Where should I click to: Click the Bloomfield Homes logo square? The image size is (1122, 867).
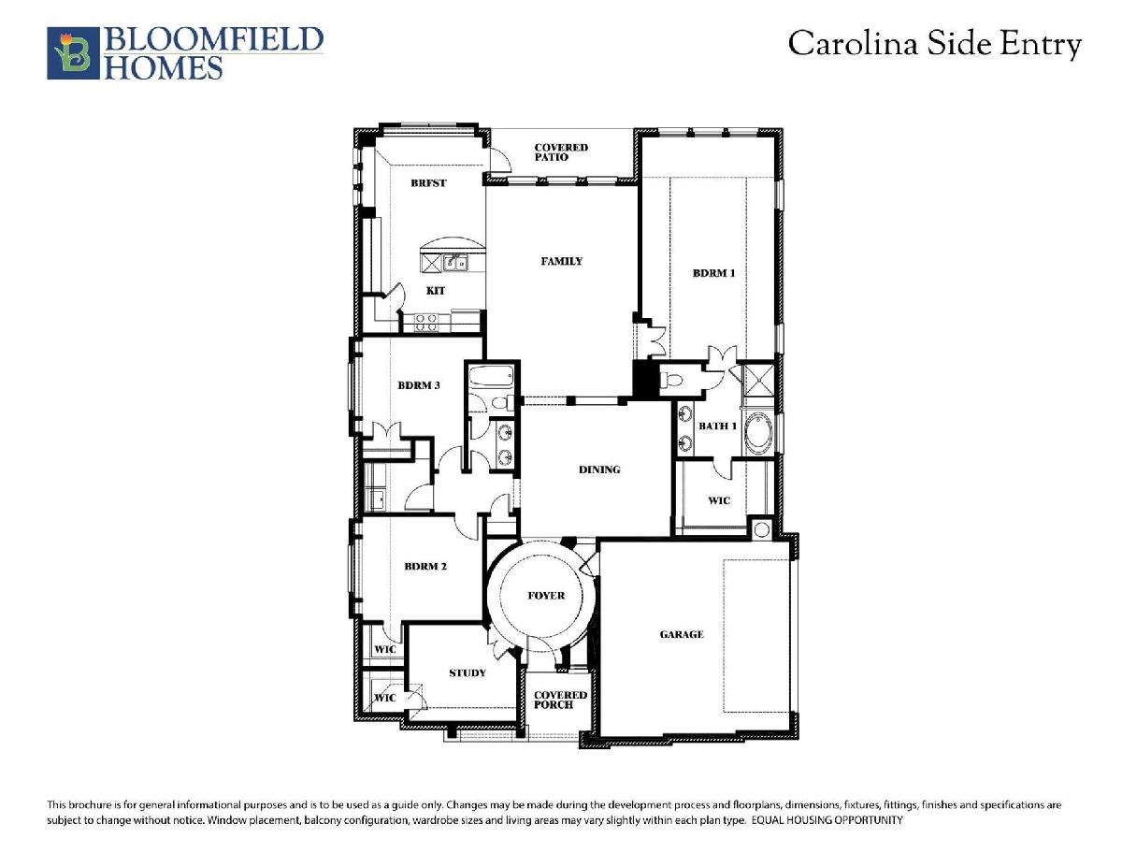coord(73,53)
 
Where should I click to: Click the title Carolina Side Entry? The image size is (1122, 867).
coord(935,44)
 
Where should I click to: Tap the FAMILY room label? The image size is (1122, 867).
coord(562,261)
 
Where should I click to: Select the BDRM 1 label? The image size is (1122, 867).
coord(714,273)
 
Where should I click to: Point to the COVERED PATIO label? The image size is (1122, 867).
coord(561,152)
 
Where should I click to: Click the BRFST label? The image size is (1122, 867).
coord(428,182)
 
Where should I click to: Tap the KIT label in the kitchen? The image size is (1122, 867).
coord(436,291)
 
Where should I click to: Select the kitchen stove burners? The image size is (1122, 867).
coord(426,323)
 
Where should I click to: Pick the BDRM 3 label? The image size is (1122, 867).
coord(419,385)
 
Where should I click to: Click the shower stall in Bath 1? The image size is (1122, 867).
coord(758,380)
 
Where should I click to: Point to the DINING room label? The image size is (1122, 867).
coord(599,470)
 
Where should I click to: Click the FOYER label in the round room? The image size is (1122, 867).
coord(546,596)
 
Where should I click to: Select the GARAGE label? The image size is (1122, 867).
coord(682,634)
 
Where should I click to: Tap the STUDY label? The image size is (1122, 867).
coord(467,672)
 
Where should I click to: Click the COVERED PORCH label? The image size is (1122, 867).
coord(561,700)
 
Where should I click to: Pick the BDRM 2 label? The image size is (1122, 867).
coord(425,567)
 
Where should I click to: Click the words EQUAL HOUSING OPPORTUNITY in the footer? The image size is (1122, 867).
coord(827,820)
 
